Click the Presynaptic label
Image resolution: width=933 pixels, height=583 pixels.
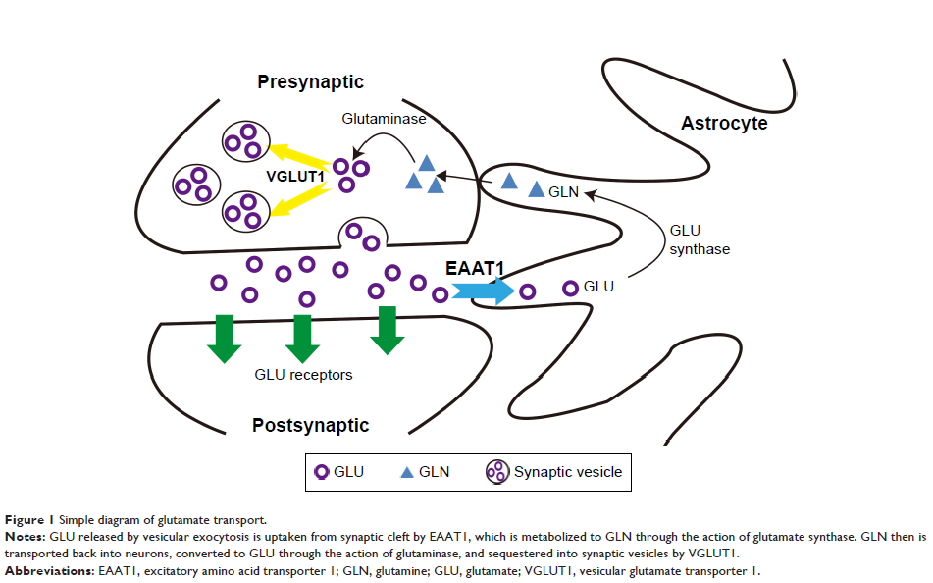tap(311, 81)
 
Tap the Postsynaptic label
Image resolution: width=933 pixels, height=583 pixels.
tap(310, 425)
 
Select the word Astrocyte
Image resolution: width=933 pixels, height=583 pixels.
tap(725, 124)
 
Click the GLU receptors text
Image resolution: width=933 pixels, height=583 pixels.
tap(303, 374)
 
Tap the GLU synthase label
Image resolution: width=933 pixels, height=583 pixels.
tap(700, 239)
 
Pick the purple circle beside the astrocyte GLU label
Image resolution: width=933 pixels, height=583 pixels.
tap(570, 288)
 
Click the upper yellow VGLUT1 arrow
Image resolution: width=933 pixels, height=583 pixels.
tap(300, 155)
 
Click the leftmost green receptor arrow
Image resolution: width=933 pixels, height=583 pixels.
tap(223, 336)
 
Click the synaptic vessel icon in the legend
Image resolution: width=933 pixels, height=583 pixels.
tap(497, 472)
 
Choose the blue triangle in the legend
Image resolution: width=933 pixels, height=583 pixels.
tap(406, 472)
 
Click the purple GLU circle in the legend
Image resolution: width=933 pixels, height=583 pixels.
tap(321, 472)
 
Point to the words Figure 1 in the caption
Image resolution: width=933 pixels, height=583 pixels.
tap(29, 519)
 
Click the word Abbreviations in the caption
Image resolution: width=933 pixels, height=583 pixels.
tap(48, 570)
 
